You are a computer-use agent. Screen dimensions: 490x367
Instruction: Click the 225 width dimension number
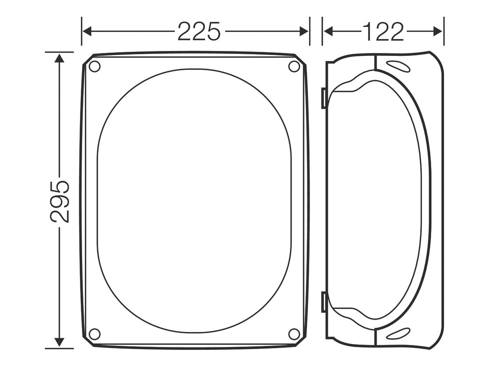coord(199,31)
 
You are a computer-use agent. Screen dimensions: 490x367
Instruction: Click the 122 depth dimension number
coord(383,31)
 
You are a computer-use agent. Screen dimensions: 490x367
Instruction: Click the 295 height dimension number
coord(60,202)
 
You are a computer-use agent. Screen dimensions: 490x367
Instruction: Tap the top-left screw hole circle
coord(94,66)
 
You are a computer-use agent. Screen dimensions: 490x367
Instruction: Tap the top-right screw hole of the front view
coord(294,66)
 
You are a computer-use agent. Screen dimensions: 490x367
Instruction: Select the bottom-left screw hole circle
coord(94,334)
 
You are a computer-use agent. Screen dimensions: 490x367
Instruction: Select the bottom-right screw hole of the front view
coord(294,334)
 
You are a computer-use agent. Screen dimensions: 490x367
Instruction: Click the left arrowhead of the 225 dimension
coord(87,31)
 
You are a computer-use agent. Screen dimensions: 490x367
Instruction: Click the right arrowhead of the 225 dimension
coord(304,31)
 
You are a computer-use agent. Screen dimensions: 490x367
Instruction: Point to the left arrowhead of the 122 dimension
coord(328,31)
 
